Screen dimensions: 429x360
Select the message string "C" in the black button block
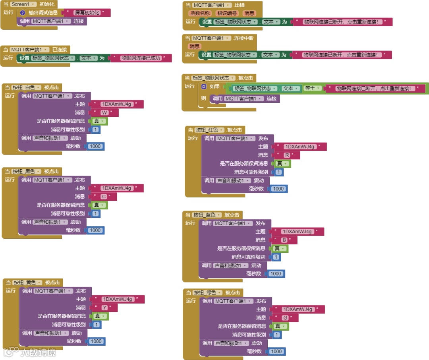click(x=103, y=197)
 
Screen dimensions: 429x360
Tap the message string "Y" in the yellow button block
click(x=104, y=308)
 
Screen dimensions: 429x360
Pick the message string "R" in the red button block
click(x=286, y=155)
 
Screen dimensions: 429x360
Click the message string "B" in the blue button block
click(x=284, y=240)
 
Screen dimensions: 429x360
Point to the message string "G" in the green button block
click(x=285, y=318)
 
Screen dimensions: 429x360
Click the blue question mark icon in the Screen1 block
click(x=23, y=13)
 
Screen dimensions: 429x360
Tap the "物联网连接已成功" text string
click(x=141, y=58)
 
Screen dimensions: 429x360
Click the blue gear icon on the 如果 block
click(x=204, y=86)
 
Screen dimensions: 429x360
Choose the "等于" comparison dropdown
click(x=313, y=88)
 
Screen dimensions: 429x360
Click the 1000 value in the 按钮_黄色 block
click(x=96, y=341)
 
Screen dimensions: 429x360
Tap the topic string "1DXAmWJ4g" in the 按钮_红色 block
click(x=300, y=147)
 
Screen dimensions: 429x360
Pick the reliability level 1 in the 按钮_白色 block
click(x=96, y=130)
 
